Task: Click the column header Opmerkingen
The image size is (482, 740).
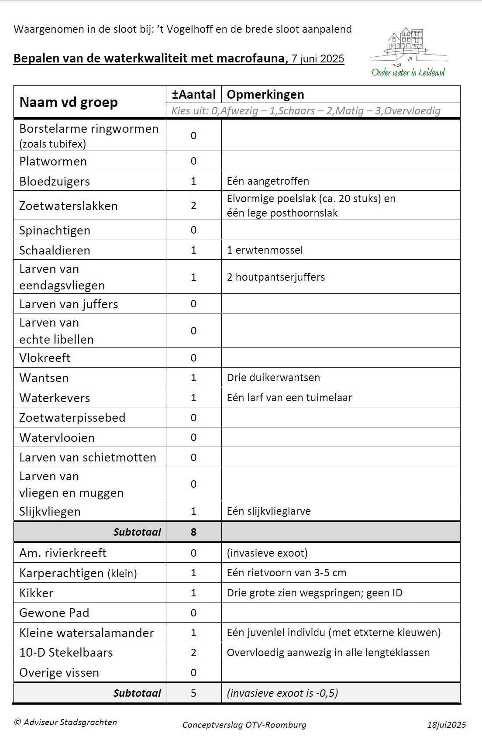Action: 265,95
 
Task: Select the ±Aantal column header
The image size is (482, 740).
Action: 193,95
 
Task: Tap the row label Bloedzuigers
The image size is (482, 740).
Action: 55,181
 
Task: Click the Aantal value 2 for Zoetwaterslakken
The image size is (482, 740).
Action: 193,206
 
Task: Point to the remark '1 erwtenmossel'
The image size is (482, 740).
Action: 265,250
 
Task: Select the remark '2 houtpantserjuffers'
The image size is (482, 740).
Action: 275,277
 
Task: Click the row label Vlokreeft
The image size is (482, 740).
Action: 45,358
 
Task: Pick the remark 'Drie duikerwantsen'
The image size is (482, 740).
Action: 273,378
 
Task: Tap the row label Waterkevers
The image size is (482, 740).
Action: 55,398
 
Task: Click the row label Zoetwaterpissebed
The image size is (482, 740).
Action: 72,418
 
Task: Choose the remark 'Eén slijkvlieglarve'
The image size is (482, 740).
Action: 269,511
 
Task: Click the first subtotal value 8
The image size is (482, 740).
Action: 193,532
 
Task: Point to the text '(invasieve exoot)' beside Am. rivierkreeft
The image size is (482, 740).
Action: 267,553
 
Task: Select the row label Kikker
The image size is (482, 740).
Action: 36,593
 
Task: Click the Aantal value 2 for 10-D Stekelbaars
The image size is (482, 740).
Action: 193,653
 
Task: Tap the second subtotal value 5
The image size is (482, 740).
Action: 193,693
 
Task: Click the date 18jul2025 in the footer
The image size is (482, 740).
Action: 446,725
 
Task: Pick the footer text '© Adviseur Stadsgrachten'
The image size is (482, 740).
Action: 65,722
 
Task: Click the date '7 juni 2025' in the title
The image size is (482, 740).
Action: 318,59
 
